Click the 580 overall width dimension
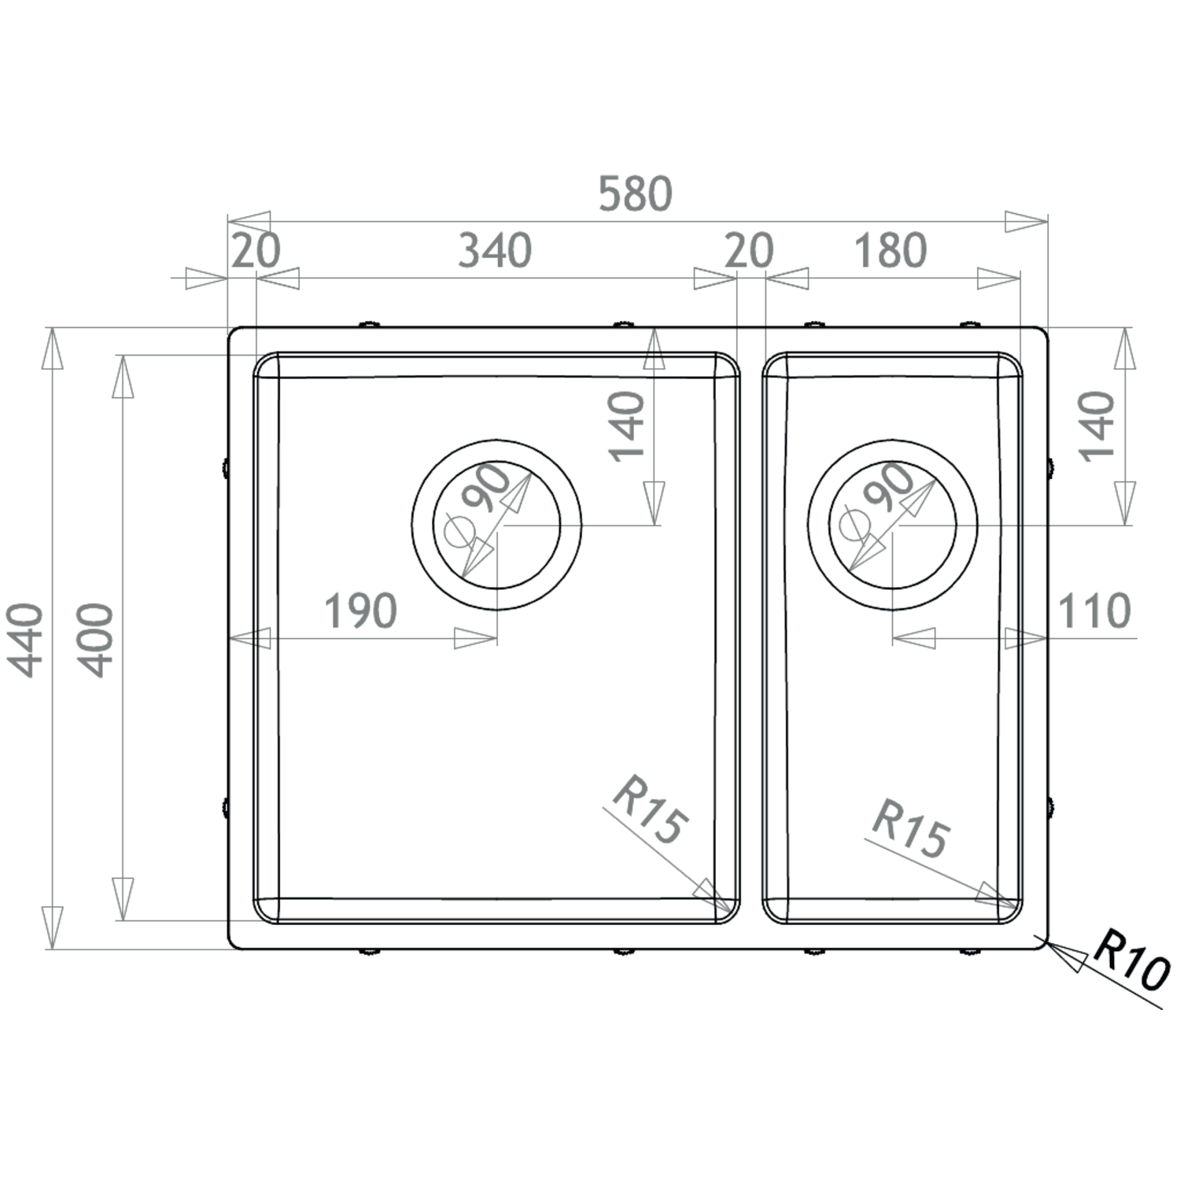point(635,194)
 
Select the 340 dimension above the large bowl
point(495,250)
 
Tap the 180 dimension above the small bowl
point(891,250)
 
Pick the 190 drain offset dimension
point(360,610)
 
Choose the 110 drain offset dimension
point(1094,610)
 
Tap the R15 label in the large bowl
point(650,810)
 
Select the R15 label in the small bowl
point(911,828)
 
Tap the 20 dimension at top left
point(256,250)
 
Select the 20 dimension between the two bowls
point(749,250)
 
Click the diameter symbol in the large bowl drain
point(456,533)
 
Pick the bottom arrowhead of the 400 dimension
point(123,898)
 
